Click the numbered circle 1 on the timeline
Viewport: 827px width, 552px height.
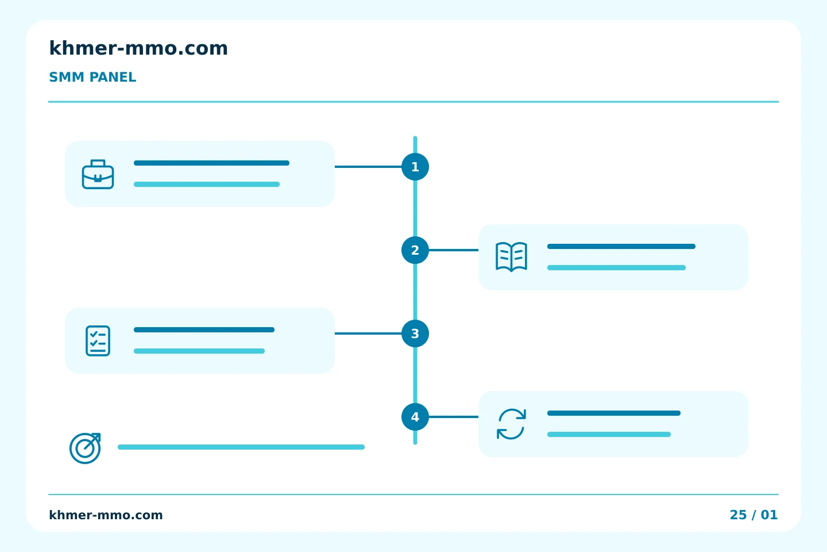click(x=415, y=167)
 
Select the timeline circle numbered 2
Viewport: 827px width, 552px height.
click(x=415, y=250)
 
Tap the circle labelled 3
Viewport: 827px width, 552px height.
click(x=415, y=333)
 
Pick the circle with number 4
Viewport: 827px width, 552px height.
click(x=415, y=417)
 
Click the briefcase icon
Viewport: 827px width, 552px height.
click(x=98, y=174)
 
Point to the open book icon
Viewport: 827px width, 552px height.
click(x=511, y=257)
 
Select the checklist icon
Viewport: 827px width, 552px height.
click(x=98, y=340)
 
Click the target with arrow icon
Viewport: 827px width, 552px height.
click(x=85, y=448)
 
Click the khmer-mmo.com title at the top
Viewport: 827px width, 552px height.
click(x=138, y=48)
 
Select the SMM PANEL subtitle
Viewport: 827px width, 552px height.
click(x=92, y=77)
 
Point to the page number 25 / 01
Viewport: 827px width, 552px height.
click(x=753, y=515)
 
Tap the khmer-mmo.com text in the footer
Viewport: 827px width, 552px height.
click(x=106, y=515)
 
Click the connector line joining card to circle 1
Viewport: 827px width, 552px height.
click(x=368, y=167)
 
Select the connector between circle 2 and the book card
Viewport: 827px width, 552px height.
click(x=454, y=250)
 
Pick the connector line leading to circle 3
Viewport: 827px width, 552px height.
click(x=368, y=333)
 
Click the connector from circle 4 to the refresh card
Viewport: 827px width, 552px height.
click(x=454, y=417)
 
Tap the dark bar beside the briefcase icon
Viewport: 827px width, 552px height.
click(x=211, y=163)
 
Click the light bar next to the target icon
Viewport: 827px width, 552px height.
click(x=241, y=447)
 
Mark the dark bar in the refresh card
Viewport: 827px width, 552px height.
click(x=614, y=413)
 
